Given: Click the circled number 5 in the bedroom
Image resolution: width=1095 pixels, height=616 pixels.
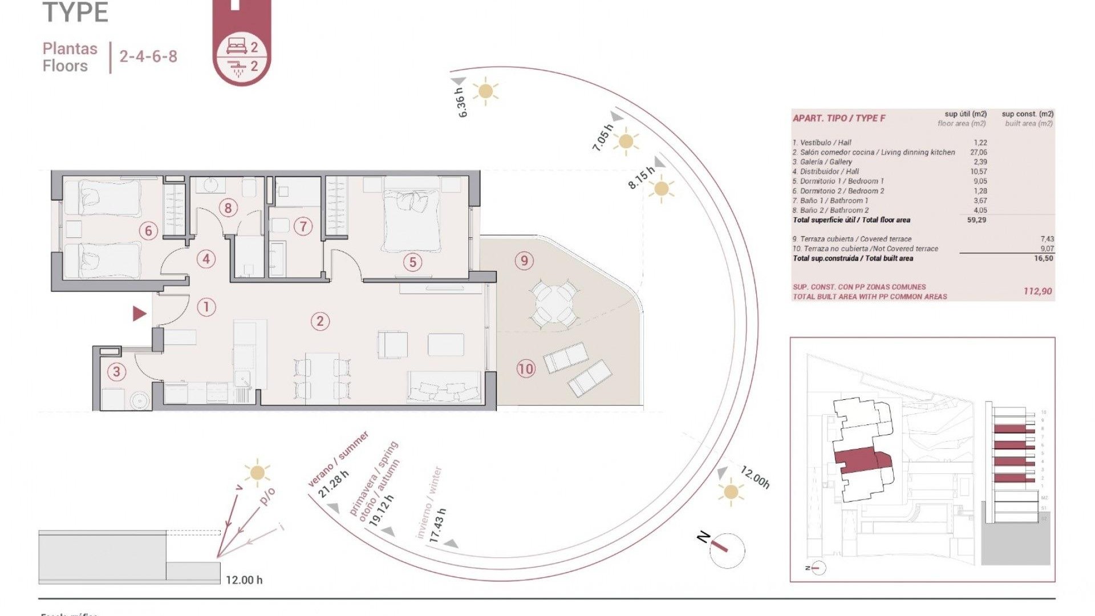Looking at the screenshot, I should pos(412,262).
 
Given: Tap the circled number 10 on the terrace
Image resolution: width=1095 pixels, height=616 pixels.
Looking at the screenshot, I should pos(525,369).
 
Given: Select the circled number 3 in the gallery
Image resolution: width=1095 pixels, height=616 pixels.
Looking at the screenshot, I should pos(116,372).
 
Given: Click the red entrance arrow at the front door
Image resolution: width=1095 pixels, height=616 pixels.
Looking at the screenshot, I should pos(139,313).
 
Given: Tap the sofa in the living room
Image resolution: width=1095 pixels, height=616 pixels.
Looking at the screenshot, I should pos(444,387).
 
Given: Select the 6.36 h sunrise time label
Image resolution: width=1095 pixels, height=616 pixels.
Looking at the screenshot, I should pos(461,103).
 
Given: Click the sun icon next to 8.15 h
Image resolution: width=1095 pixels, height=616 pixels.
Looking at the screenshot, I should pos(661,188).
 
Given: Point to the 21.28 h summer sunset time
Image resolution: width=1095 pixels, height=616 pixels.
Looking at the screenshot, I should pos(333,485).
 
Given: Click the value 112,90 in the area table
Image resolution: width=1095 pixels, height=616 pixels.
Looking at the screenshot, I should pos(1037,291).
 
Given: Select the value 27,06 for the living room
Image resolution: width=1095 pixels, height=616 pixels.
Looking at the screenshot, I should pos(978,152).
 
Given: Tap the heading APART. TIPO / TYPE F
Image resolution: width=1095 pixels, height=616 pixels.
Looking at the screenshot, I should pos(839,118).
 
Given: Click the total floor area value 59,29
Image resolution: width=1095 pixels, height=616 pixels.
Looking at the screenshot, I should pos(976,220).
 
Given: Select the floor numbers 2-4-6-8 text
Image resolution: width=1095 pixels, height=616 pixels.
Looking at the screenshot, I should pos(148,56).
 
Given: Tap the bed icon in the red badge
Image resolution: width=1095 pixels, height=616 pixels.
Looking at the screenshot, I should pos(237,47).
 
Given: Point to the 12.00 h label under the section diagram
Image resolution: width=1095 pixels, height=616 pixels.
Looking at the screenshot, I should pos(244,580).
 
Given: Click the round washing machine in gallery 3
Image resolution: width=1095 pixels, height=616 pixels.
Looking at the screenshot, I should pos(140,401).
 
